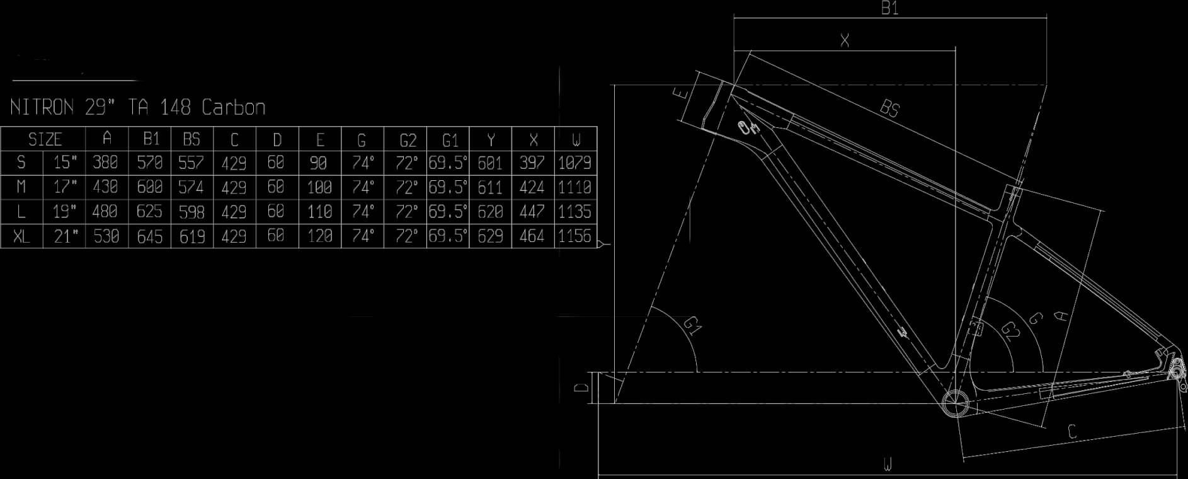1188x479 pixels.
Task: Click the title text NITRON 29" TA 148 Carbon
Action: (x=137, y=107)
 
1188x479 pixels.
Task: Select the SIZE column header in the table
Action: (x=45, y=139)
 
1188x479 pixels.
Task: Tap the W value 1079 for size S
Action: (x=574, y=163)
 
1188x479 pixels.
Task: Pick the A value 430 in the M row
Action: (x=105, y=187)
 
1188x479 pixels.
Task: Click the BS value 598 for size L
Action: (x=191, y=212)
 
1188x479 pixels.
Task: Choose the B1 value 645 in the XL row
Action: (x=149, y=237)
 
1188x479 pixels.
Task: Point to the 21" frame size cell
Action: (x=65, y=237)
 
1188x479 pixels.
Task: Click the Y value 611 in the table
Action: (x=490, y=187)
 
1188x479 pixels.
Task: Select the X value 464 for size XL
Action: (x=532, y=237)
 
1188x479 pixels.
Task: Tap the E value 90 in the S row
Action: (x=319, y=163)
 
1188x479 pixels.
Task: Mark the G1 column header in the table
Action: (x=450, y=139)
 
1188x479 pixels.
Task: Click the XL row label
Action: (x=21, y=237)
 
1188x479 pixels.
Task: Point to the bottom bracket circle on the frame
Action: (x=955, y=403)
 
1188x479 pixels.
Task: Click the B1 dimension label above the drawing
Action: (x=889, y=9)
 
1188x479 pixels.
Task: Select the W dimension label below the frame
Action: (x=888, y=466)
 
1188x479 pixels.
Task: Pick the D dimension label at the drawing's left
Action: (x=582, y=387)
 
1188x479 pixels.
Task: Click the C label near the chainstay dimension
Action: (x=1072, y=432)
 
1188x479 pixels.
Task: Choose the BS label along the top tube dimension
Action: (x=889, y=108)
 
